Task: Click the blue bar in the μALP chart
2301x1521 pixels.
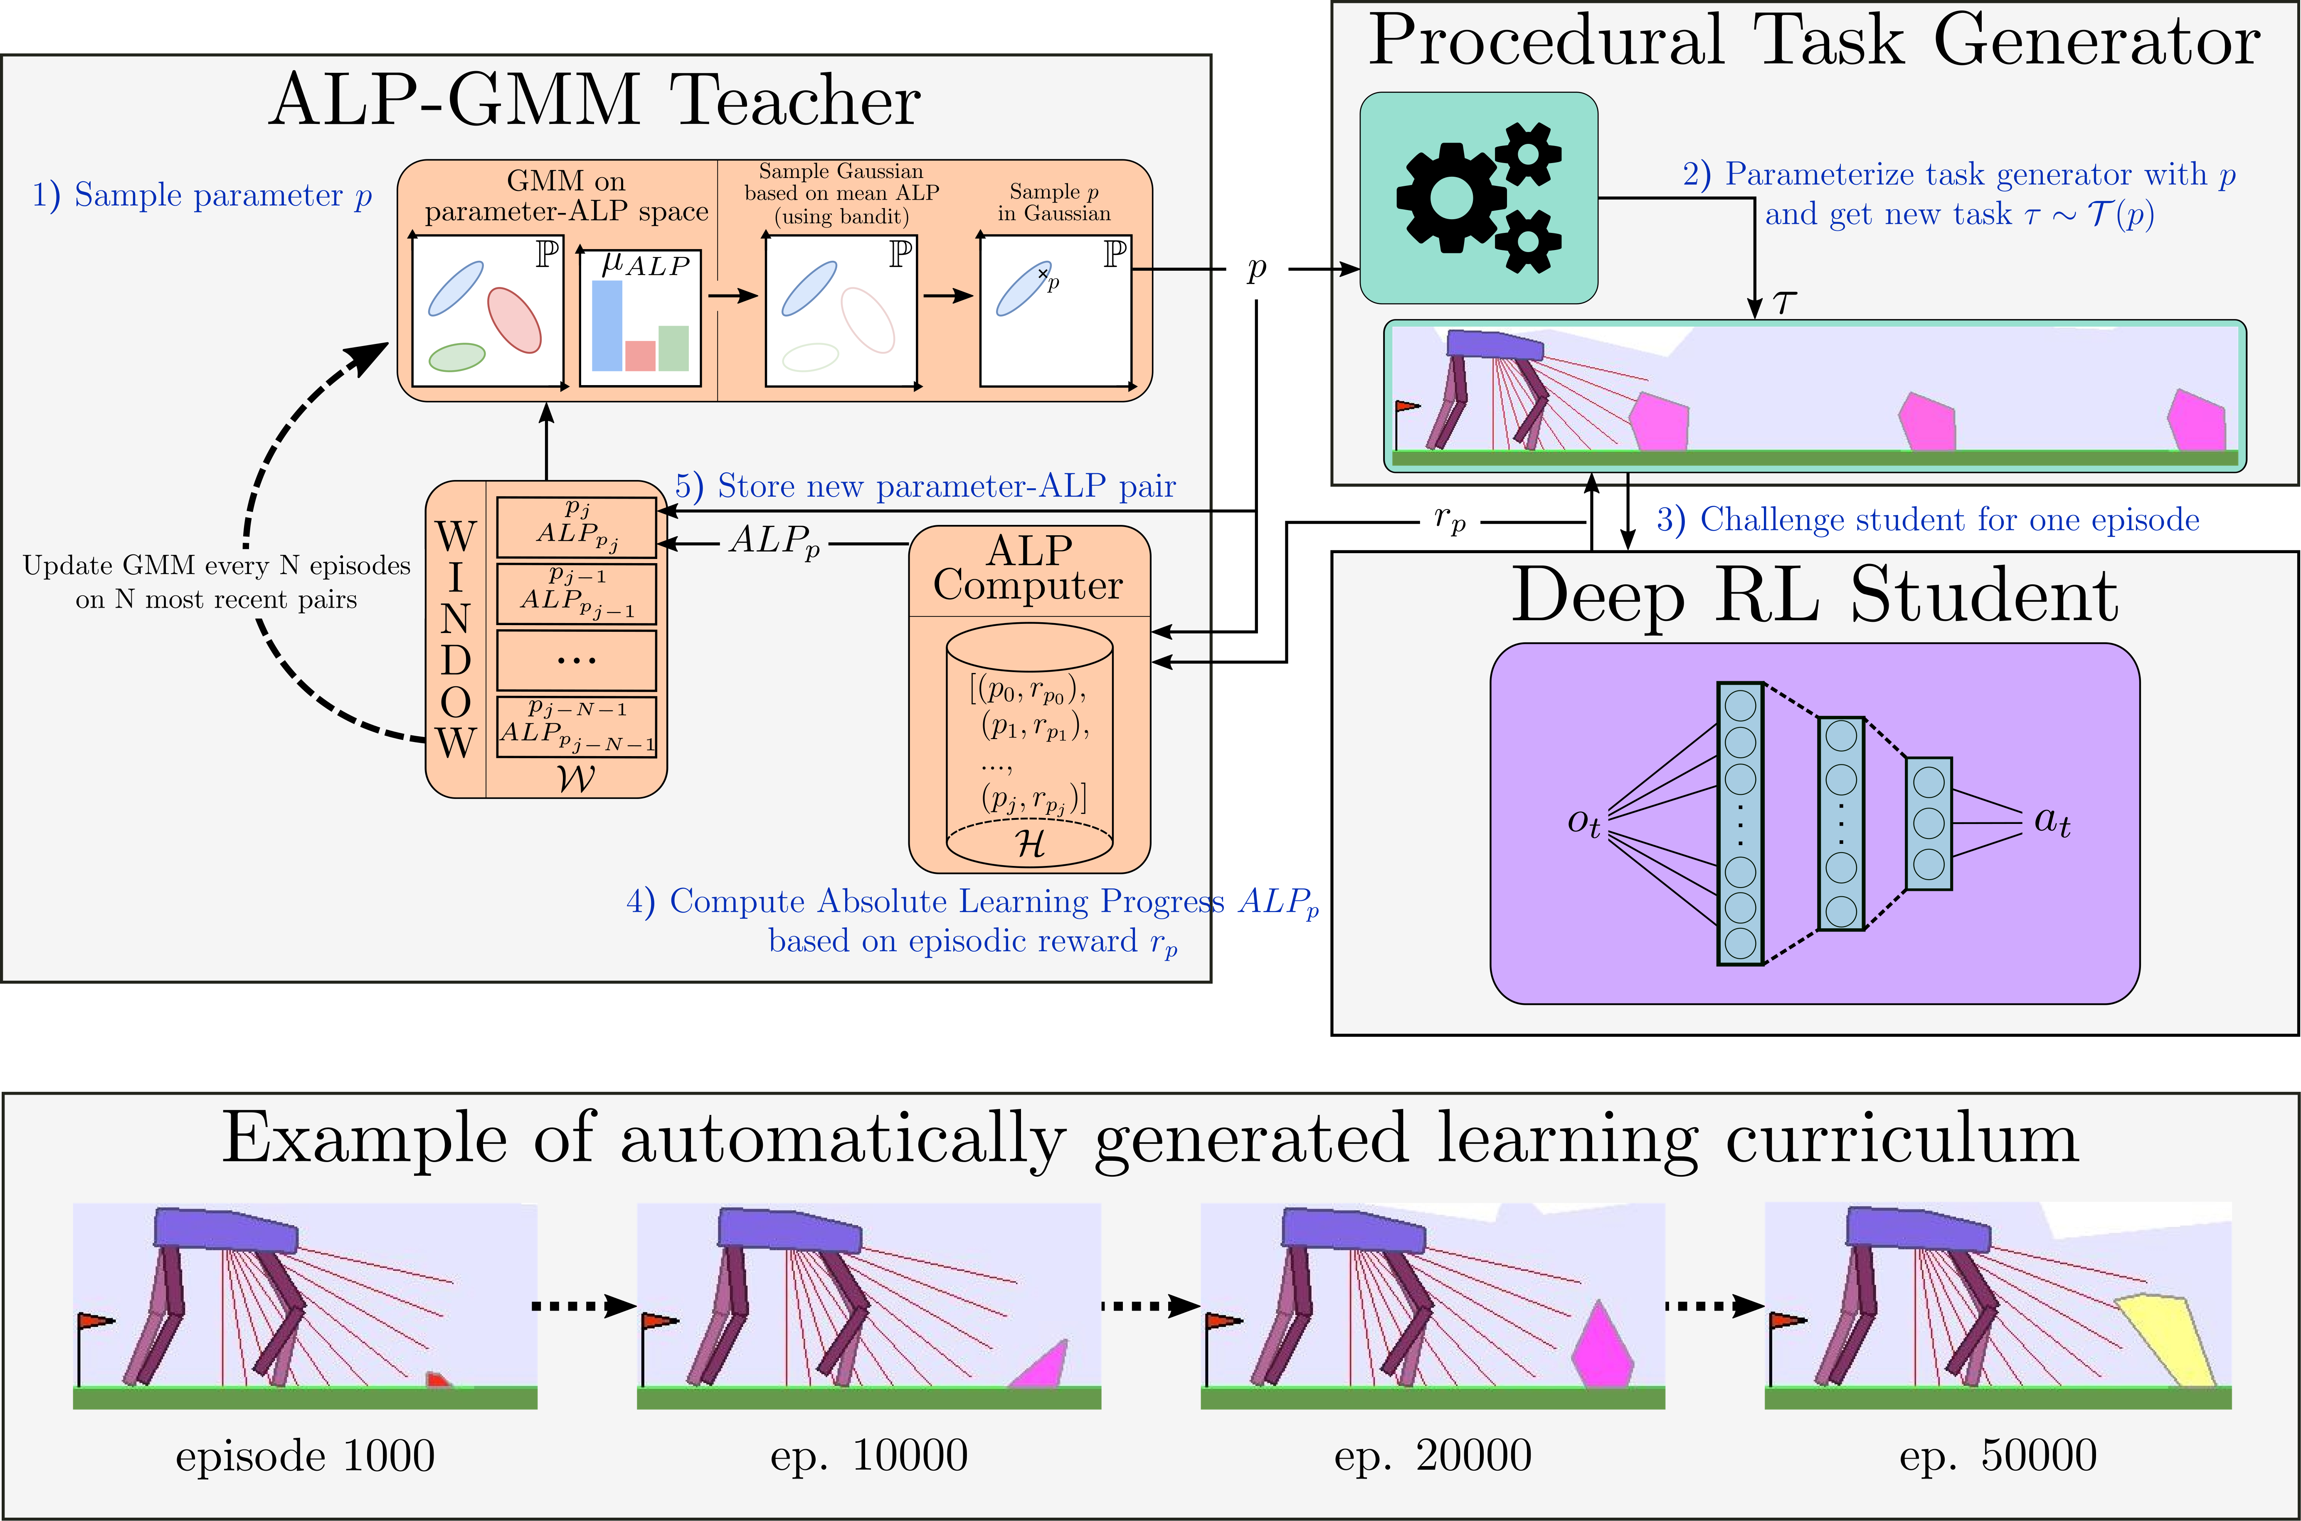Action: (x=607, y=325)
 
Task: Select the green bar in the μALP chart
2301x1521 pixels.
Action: (x=673, y=348)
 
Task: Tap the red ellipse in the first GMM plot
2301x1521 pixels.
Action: (x=514, y=320)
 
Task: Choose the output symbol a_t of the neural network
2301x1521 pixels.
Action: (x=2052, y=821)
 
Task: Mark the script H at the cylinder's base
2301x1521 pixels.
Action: (x=1030, y=844)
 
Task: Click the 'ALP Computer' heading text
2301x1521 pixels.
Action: (x=1029, y=569)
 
